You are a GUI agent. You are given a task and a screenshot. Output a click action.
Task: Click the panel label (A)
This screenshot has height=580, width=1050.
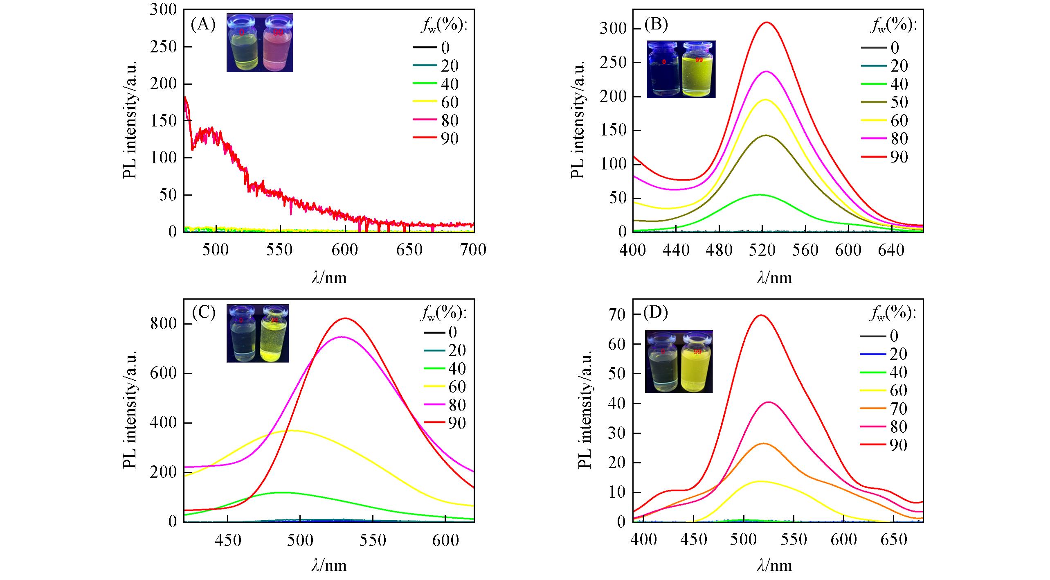click(203, 25)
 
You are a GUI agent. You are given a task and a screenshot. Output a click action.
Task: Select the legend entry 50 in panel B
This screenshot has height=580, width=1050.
click(899, 102)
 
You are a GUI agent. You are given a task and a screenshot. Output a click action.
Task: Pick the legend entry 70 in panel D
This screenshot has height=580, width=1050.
click(898, 408)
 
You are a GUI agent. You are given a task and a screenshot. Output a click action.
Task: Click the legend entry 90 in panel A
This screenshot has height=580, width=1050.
click(450, 139)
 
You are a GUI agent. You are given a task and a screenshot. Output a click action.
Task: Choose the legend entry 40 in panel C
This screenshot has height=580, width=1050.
click(456, 369)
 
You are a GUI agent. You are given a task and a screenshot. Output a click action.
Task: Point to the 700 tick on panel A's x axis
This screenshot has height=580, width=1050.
click(473, 250)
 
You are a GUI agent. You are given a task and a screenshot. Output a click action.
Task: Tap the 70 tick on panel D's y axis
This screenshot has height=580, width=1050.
click(617, 314)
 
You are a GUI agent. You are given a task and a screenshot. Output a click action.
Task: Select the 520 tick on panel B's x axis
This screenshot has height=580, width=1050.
click(762, 250)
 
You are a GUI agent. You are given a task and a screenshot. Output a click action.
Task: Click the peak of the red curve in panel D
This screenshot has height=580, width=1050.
click(761, 315)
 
